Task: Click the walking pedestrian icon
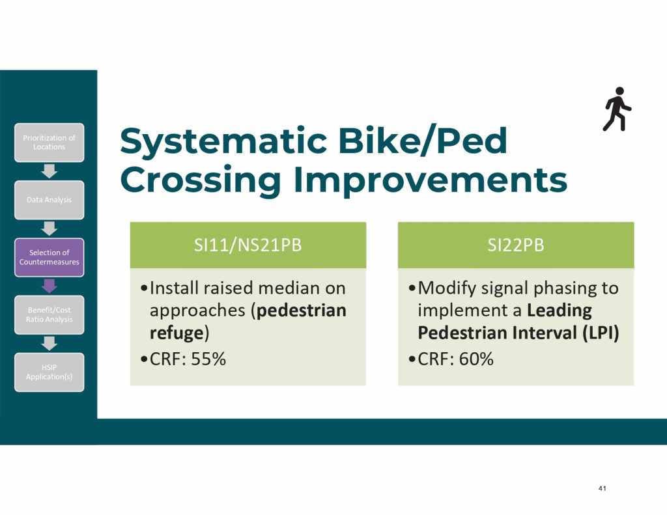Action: tap(617, 109)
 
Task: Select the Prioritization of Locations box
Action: tap(50, 143)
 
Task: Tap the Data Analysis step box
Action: tap(50, 200)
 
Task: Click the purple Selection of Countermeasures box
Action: tap(50, 257)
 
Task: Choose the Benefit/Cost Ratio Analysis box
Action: tap(50, 314)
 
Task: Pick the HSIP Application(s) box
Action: tap(50, 372)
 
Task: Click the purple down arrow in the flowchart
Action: tap(50, 286)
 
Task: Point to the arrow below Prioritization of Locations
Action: tap(50, 171)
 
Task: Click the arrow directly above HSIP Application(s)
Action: tap(50, 344)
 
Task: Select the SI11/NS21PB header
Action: tap(248, 245)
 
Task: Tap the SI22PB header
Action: tap(516, 245)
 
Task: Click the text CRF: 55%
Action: tap(188, 359)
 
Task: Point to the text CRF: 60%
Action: tap(455, 359)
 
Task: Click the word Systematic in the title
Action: tap(223, 141)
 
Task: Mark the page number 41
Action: tap(602, 488)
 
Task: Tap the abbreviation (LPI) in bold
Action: tap(601, 333)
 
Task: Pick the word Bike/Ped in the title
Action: tap(422, 141)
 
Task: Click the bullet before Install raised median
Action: tap(144, 288)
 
